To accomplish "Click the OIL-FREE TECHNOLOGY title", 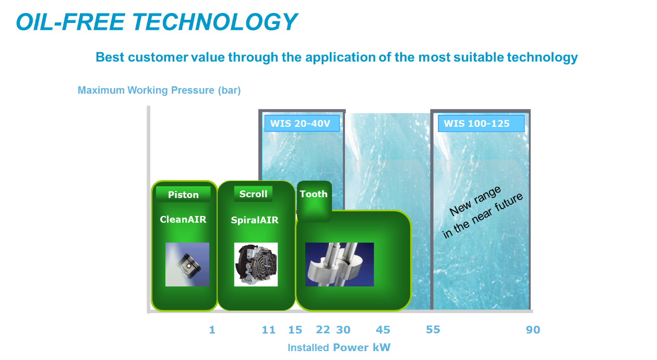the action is (x=157, y=22).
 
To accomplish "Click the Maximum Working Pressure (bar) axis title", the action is (x=159, y=90).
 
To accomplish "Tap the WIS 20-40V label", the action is (x=302, y=124).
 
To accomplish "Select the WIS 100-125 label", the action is (x=481, y=124).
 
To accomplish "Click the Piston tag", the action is (x=183, y=195).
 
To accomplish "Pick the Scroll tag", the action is (x=253, y=194).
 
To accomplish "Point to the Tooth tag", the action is (x=314, y=194).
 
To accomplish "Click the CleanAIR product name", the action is (x=183, y=219).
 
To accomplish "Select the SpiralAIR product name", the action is (x=255, y=220).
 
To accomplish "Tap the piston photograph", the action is (x=187, y=265).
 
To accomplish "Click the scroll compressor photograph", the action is (x=256, y=265).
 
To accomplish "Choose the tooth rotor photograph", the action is (x=340, y=265).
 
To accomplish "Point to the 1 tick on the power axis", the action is (x=212, y=330).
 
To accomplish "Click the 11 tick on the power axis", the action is (x=268, y=330).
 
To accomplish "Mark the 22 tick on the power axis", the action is (x=323, y=330).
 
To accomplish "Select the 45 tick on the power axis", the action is (x=383, y=330).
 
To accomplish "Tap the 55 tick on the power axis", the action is (x=433, y=330).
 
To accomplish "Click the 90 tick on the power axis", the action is (x=533, y=330).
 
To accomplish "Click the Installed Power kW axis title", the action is (x=339, y=347).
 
